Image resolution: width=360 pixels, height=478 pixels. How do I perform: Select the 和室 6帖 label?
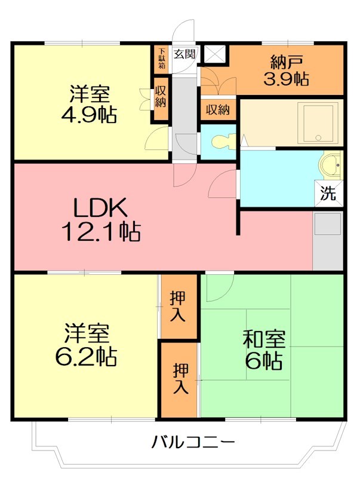tap(263, 349)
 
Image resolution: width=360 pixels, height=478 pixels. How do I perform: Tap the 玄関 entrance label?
tap(184, 54)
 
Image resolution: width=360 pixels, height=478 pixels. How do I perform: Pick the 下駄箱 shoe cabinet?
tap(162, 58)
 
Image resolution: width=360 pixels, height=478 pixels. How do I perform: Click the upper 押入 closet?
tap(178, 306)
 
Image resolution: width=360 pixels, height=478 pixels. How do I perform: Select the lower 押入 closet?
tap(180, 379)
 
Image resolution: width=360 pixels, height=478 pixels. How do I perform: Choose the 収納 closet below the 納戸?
tap(218, 110)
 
